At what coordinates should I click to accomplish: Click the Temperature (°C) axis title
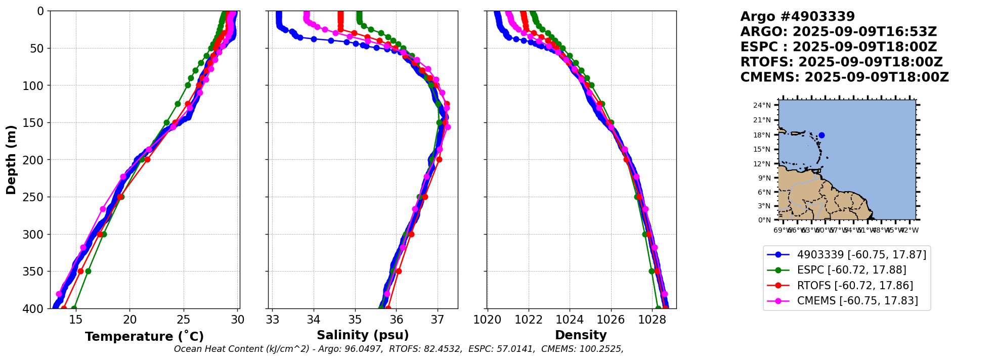(x=144, y=336)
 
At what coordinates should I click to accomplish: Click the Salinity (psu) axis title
(x=363, y=335)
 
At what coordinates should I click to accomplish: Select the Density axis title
(x=581, y=335)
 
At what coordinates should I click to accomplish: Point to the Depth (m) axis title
(x=11, y=160)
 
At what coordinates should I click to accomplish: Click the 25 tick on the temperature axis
(x=184, y=320)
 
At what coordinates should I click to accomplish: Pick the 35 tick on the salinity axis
(x=355, y=320)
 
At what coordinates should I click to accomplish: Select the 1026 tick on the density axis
(x=611, y=320)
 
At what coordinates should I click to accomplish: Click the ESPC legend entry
(x=851, y=270)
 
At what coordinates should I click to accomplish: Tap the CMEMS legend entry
(x=857, y=301)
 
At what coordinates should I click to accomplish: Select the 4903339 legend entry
(x=861, y=255)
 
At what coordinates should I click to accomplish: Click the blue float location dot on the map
(x=821, y=135)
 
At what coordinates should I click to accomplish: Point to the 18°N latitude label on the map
(x=762, y=135)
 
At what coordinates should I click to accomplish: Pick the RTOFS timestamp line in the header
(x=841, y=62)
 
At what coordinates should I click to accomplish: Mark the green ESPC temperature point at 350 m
(x=88, y=272)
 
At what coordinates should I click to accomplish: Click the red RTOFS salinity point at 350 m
(x=399, y=272)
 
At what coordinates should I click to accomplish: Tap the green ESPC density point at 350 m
(x=652, y=272)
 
